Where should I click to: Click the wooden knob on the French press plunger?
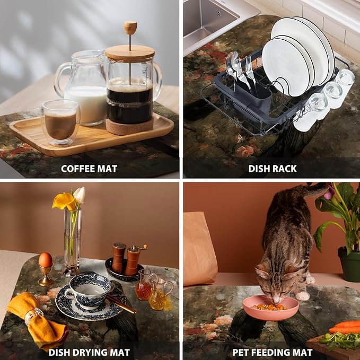pyautogui.click(x=130, y=28)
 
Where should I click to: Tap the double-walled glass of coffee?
pyautogui.click(x=60, y=122)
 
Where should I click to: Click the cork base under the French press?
pyautogui.click(x=130, y=127)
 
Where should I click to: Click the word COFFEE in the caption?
pyautogui.click(x=77, y=169)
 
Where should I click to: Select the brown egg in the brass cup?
pyautogui.click(x=46, y=260)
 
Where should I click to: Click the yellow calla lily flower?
pyautogui.click(x=64, y=201)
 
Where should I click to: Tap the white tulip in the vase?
pyautogui.click(x=80, y=195)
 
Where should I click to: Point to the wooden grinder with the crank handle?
pyautogui.click(x=134, y=260)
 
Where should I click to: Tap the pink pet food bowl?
pyautogui.click(x=270, y=308)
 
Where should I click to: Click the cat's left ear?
pyautogui.click(x=262, y=271)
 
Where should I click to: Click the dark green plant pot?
pyautogui.click(x=349, y=264)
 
